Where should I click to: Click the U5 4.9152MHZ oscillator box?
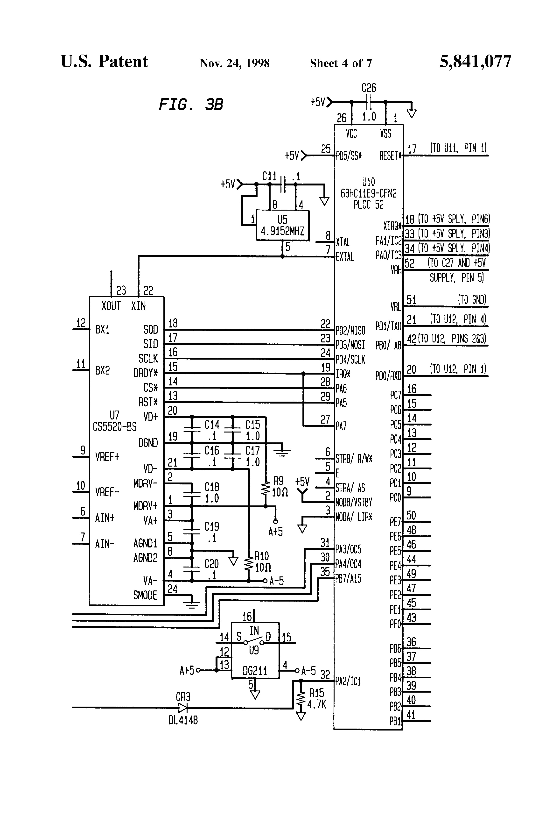pyautogui.click(x=282, y=226)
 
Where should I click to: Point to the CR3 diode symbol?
pyautogui.click(x=183, y=708)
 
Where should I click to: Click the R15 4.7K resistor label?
pyautogui.click(x=316, y=699)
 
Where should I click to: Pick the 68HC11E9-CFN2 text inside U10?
pyautogui.click(x=369, y=193)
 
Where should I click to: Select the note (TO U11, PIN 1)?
pyautogui.click(x=458, y=148)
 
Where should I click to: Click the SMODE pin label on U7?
pyautogui.click(x=145, y=595)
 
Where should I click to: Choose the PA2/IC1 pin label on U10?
pyautogui.click(x=348, y=681)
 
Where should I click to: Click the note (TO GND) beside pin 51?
pyautogui.click(x=472, y=300)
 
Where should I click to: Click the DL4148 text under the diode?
pyautogui.click(x=183, y=720)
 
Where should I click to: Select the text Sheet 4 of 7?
pyautogui.click(x=341, y=63)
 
